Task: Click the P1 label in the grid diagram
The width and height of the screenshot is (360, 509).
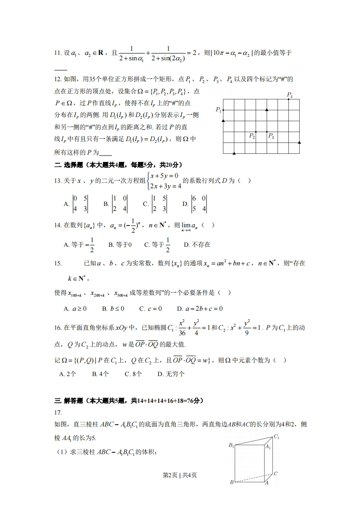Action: pyautogui.click(x=218, y=110)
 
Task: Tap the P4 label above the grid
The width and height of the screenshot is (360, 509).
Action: pyautogui.click(x=290, y=95)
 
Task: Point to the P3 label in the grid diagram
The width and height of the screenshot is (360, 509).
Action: pyautogui.click(x=271, y=136)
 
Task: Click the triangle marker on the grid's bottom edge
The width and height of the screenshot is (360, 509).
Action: pyautogui.click(x=234, y=154)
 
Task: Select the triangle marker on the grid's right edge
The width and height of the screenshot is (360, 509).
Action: pyautogui.click(x=299, y=143)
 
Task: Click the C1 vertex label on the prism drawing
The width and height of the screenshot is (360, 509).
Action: pyautogui.click(x=276, y=437)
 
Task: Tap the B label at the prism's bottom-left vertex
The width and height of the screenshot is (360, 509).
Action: pyautogui.click(x=232, y=482)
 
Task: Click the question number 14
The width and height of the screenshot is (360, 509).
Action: pyautogui.click(x=58, y=225)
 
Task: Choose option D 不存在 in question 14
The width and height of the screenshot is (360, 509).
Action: pyautogui.click(x=197, y=245)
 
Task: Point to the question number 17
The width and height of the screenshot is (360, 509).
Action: pyautogui.click(x=58, y=413)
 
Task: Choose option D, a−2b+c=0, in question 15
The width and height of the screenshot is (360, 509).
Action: pyautogui.click(x=200, y=308)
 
